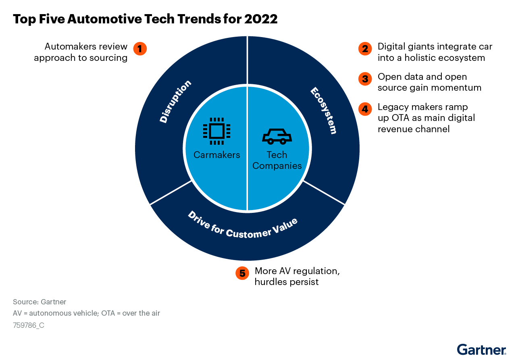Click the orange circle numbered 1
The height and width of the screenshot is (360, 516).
(x=140, y=49)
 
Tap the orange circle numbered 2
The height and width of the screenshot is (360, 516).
(x=365, y=49)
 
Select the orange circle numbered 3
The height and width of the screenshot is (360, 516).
(x=365, y=79)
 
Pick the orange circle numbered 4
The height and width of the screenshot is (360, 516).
(x=365, y=109)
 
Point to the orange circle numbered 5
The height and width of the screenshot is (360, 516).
(x=242, y=273)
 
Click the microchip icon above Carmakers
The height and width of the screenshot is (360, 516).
(x=216, y=131)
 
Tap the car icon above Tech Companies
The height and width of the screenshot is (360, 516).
(x=277, y=137)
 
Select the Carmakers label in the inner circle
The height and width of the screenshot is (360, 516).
(x=216, y=155)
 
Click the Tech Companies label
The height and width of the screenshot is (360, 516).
(x=277, y=160)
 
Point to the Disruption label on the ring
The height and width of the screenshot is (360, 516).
(x=175, y=101)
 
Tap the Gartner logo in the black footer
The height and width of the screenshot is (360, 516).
(x=481, y=350)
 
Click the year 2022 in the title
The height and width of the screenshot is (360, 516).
(x=261, y=19)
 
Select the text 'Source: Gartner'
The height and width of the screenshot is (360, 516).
(x=40, y=302)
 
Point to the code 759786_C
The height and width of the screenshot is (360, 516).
(x=29, y=325)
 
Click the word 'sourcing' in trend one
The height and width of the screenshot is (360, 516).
(x=109, y=58)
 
